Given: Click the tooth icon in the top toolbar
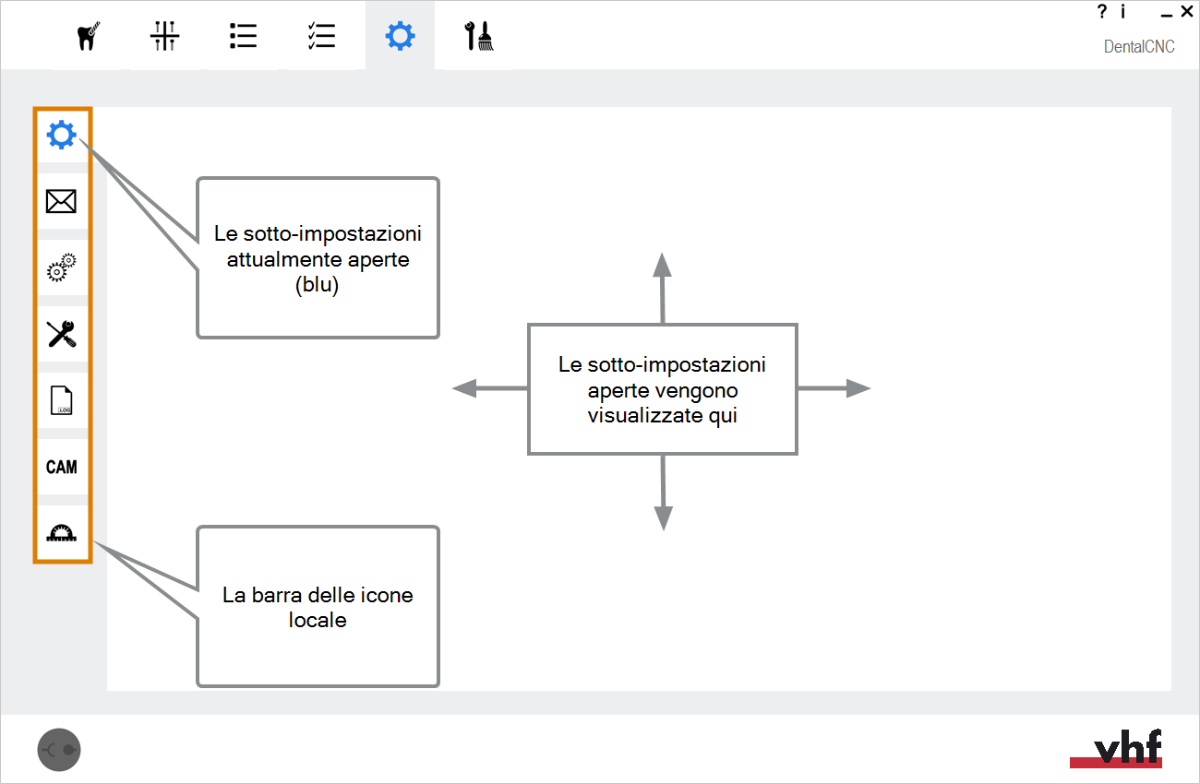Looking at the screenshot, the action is pyautogui.click(x=88, y=36).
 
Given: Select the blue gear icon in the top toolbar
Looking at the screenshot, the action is pyautogui.click(x=400, y=36).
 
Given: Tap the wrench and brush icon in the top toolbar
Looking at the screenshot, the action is pyautogui.click(x=478, y=36).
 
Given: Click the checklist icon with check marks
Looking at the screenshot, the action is pyautogui.click(x=321, y=36).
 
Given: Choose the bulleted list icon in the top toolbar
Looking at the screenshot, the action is pyautogui.click(x=243, y=36).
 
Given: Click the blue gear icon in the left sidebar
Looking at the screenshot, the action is pyautogui.click(x=62, y=135).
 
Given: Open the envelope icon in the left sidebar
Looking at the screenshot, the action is pyautogui.click(x=61, y=201).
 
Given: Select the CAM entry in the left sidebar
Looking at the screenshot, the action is pyautogui.click(x=62, y=468).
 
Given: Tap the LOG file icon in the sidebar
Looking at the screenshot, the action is pyautogui.click(x=62, y=400).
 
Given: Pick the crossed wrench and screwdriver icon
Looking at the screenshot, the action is pyautogui.click(x=62, y=334).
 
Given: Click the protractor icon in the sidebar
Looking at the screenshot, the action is pyautogui.click(x=62, y=533).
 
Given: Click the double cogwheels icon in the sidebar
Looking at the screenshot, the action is pyautogui.click(x=62, y=267).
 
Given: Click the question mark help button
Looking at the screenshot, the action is pyautogui.click(x=1101, y=11).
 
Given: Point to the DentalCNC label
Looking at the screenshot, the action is pyautogui.click(x=1139, y=46).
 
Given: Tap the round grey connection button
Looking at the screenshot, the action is pyautogui.click(x=59, y=750).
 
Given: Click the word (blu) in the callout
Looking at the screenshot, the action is pyautogui.click(x=318, y=285).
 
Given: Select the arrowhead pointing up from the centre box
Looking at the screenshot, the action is pyautogui.click(x=662, y=265).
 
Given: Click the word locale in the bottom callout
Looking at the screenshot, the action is pyautogui.click(x=318, y=620).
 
